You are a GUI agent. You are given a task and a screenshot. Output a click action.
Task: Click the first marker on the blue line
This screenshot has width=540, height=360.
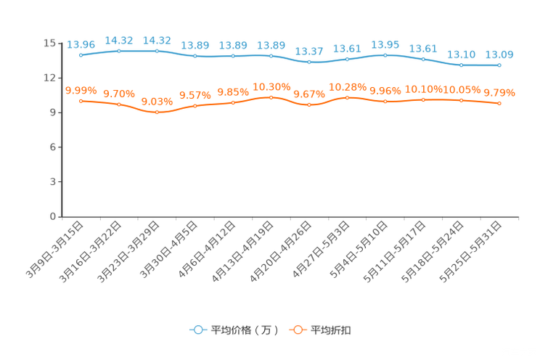click(x=81, y=54)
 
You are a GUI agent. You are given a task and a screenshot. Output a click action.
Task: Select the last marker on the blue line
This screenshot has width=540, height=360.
click(x=499, y=65)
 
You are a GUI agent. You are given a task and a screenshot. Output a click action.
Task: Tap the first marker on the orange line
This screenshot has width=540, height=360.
click(x=81, y=101)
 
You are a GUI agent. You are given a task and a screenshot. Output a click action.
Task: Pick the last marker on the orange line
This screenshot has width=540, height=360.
click(x=499, y=104)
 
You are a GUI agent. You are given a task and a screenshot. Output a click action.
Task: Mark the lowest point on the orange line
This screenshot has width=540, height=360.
click(x=157, y=112)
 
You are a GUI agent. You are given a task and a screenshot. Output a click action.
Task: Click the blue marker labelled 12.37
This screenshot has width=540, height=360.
click(x=309, y=62)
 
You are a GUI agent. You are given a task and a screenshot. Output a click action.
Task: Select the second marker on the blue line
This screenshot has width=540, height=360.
click(x=119, y=51)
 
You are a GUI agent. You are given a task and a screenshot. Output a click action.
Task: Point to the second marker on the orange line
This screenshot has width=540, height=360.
click(x=119, y=105)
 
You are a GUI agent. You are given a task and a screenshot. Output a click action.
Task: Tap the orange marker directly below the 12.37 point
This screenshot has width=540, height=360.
click(x=309, y=105)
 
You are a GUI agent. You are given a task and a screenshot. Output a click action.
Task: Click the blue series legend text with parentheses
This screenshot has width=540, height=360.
click(x=245, y=330)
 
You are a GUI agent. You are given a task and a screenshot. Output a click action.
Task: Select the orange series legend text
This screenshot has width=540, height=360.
click(x=332, y=330)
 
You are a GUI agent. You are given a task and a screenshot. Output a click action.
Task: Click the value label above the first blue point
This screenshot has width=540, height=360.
click(x=81, y=44)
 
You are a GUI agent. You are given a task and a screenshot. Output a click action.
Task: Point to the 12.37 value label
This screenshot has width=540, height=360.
click(x=309, y=51)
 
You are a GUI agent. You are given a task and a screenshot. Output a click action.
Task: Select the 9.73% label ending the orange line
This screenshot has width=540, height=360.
click(x=499, y=93)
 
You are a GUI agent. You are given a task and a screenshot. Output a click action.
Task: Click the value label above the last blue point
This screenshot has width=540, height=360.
click(x=499, y=54)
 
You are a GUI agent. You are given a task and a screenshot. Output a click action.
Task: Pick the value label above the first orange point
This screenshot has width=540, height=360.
click(x=81, y=90)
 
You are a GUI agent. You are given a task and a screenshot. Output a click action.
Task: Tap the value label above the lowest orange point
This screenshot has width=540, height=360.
click(x=157, y=102)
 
